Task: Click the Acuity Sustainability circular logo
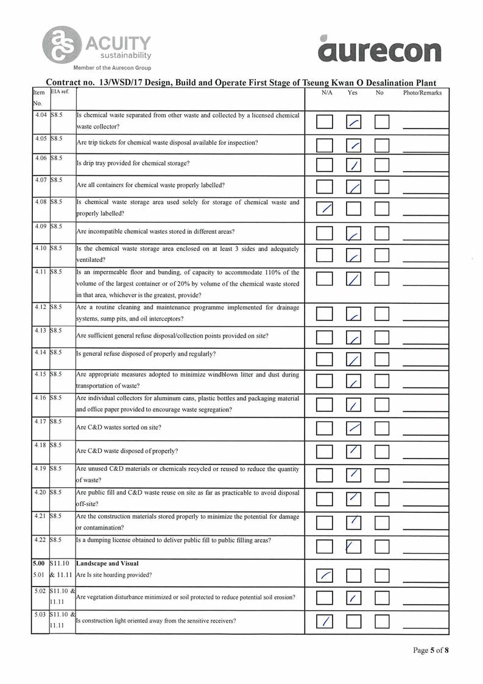[60, 44]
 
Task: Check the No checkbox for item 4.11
[382, 280]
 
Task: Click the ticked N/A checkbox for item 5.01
[325, 574]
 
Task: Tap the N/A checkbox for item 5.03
[325, 621]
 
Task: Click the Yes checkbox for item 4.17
[354, 428]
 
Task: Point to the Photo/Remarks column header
[422, 93]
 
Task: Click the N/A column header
[326, 93]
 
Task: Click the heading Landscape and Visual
[107, 563]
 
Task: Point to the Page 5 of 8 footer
[431, 651]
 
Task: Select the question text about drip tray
[133, 163]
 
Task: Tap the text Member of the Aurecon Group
[112, 68]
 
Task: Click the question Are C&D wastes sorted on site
[119, 428]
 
